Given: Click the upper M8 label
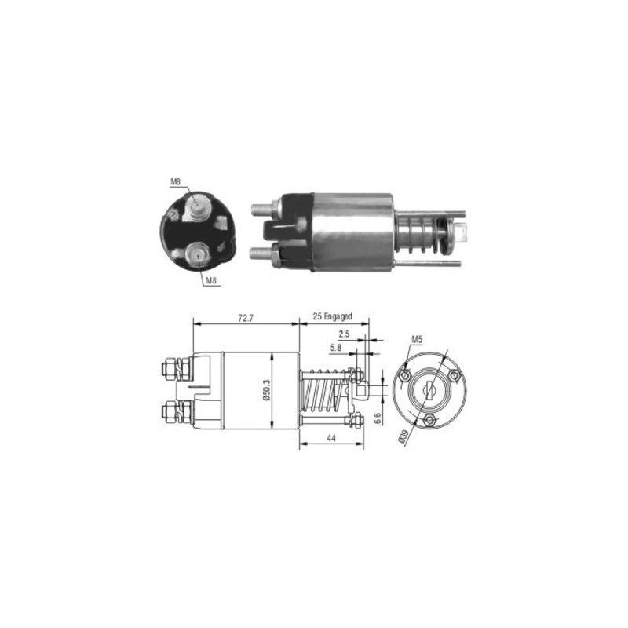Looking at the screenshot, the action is tap(175, 181).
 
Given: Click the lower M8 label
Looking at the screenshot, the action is tap(210, 280).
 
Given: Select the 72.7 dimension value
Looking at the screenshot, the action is tap(246, 319).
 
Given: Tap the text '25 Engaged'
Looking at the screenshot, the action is tap(332, 316).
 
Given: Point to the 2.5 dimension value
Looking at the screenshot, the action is tap(344, 333).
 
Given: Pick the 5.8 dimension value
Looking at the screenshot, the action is tap(336, 348).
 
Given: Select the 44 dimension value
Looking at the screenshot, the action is tap(330, 438).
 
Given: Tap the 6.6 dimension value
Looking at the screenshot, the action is tap(377, 418).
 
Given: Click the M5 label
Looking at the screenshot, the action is tap(417, 339).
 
